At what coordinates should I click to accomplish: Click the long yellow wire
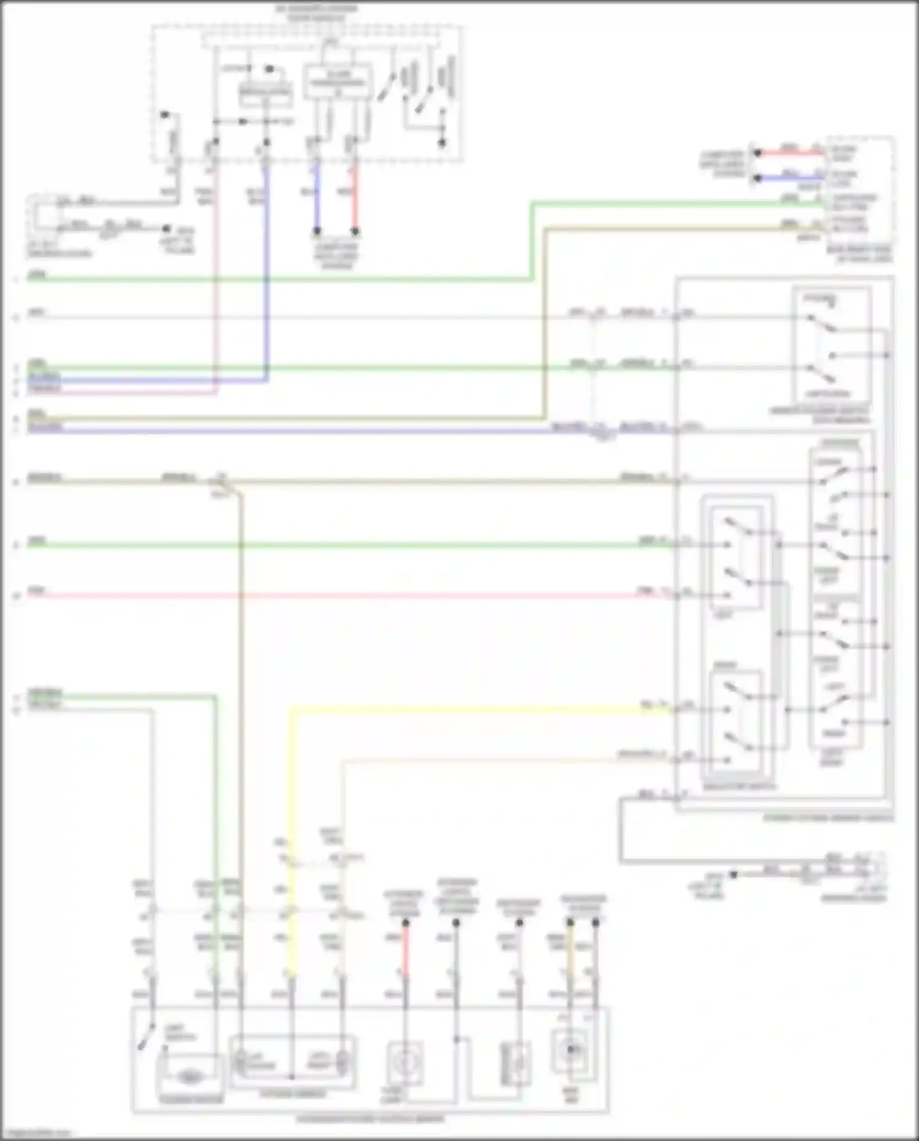pyautogui.click(x=466, y=709)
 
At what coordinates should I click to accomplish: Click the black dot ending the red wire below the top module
pyautogui.click(x=355, y=232)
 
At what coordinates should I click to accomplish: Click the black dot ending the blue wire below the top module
pyautogui.click(x=317, y=232)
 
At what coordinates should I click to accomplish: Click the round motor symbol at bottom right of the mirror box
pyautogui.click(x=570, y=1050)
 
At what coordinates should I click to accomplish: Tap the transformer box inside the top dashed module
pyautogui.click(x=338, y=82)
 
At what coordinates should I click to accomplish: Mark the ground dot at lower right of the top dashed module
pyautogui.click(x=442, y=143)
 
